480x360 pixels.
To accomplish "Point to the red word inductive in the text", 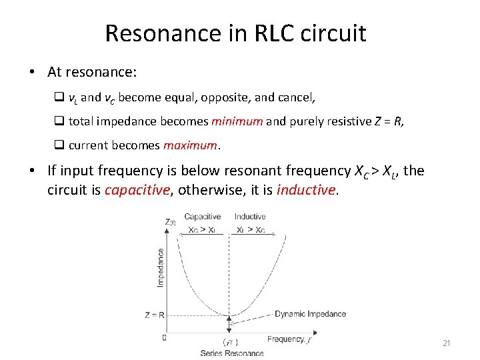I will tap(306, 190).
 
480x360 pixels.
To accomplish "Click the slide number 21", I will tap(447, 343).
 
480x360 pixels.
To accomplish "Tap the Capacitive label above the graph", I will tap(203, 217).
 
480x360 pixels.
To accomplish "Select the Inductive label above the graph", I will tap(250, 217).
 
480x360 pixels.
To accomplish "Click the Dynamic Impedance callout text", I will tap(311, 314).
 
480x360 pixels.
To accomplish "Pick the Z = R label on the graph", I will tap(155, 315).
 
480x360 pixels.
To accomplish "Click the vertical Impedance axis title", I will tap(161, 268).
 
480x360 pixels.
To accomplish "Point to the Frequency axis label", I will tap(286, 339).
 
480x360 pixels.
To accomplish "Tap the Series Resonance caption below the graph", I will tap(232, 353).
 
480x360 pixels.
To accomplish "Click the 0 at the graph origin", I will tap(165, 337).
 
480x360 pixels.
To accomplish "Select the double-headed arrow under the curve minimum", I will tap(229, 325).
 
